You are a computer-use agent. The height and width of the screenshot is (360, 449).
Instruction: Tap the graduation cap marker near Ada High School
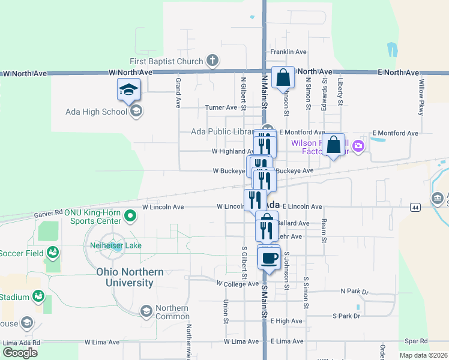tap(128, 90)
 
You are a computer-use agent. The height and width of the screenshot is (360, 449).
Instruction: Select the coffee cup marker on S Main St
tap(269, 259)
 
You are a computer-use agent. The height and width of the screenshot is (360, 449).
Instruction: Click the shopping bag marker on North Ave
tap(282, 78)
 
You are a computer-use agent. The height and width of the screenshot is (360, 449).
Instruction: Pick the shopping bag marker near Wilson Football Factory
tap(333, 145)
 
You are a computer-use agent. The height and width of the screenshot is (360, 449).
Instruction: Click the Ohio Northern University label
tap(130, 277)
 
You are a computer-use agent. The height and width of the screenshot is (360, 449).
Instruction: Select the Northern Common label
tap(172, 312)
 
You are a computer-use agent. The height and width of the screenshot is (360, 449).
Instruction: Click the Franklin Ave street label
tap(289, 52)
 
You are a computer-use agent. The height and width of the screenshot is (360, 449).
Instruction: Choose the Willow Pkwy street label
tap(421, 97)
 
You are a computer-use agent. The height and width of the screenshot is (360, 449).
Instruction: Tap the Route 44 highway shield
tap(415, 207)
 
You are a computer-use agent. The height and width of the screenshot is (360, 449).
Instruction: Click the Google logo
tap(20, 353)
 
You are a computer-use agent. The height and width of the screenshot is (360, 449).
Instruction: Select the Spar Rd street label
tap(415, 341)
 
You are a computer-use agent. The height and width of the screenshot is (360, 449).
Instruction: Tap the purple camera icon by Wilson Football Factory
tap(359, 146)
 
